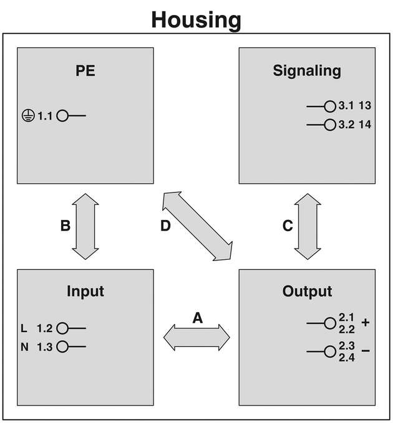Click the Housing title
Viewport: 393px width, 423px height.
click(x=196, y=19)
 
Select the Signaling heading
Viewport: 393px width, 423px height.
click(x=307, y=70)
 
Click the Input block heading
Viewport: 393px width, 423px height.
click(x=85, y=291)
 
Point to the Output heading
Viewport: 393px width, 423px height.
click(x=307, y=291)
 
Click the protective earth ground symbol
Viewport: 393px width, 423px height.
click(x=27, y=116)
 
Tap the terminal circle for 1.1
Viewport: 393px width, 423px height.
click(x=62, y=116)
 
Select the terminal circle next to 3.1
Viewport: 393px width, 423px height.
click(x=330, y=107)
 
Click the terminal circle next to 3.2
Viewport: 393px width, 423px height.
click(x=330, y=125)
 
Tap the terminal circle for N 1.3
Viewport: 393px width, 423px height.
click(x=62, y=347)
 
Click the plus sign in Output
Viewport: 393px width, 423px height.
click(x=366, y=323)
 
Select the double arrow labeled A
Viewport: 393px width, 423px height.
click(x=196, y=338)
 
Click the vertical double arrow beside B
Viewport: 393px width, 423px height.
click(x=85, y=226)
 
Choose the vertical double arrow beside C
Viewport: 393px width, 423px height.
click(x=307, y=226)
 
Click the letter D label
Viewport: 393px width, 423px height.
click(x=165, y=226)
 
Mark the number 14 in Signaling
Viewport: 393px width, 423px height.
click(x=365, y=125)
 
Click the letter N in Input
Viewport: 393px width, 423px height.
click(x=24, y=347)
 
